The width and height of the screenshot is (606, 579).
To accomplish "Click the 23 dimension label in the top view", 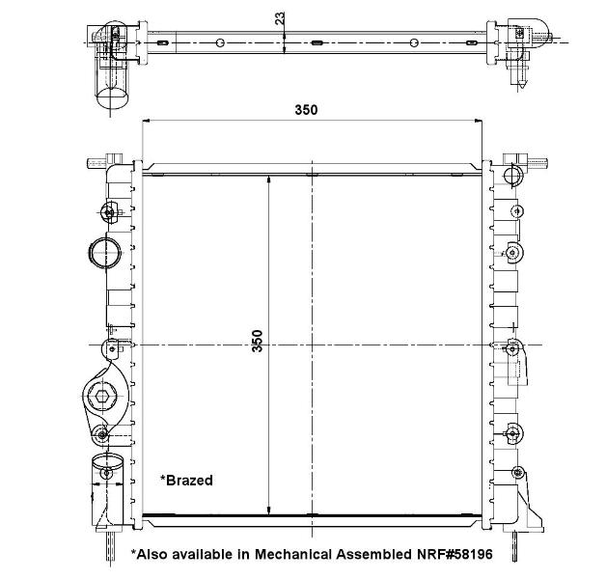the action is pyautogui.click(x=280, y=18).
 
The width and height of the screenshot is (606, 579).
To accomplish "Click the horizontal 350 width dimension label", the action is pyautogui.click(x=306, y=110).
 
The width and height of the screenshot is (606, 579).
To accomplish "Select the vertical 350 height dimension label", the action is pyautogui.click(x=257, y=341).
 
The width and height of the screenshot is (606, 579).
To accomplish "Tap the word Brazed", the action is pyautogui.click(x=189, y=480).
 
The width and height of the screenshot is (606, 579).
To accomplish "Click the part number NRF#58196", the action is pyautogui.click(x=454, y=554).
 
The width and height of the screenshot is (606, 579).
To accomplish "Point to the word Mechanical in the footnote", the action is pyautogui.click(x=293, y=554).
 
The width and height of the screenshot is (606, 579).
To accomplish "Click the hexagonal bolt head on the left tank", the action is pyautogui.click(x=102, y=396).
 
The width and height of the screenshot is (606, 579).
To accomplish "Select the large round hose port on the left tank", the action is pyautogui.click(x=104, y=253).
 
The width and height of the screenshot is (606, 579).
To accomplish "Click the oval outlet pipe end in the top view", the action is pyautogui.click(x=112, y=97).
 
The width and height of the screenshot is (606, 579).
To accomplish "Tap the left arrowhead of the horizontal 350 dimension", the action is pyautogui.click(x=146, y=121).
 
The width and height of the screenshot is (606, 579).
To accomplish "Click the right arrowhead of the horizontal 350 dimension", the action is pyautogui.click(x=479, y=121).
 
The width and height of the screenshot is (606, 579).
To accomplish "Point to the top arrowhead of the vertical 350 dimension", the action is pyautogui.click(x=269, y=179).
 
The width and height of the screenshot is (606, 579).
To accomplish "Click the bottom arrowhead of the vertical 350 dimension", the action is pyautogui.click(x=269, y=511).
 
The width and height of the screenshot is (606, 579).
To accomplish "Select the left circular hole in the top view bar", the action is pyautogui.click(x=220, y=42).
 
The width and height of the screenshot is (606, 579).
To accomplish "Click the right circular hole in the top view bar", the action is pyautogui.click(x=414, y=42).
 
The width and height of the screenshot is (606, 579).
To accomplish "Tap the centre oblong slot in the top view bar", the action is pyautogui.click(x=317, y=42).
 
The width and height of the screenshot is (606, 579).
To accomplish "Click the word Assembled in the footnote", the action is pyautogui.click(x=374, y=554).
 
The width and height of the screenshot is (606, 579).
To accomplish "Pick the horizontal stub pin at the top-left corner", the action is pyautogui.click(x=96, y=163).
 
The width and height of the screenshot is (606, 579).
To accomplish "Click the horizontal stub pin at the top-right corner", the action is pyautogui.click(x=537, y=162).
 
